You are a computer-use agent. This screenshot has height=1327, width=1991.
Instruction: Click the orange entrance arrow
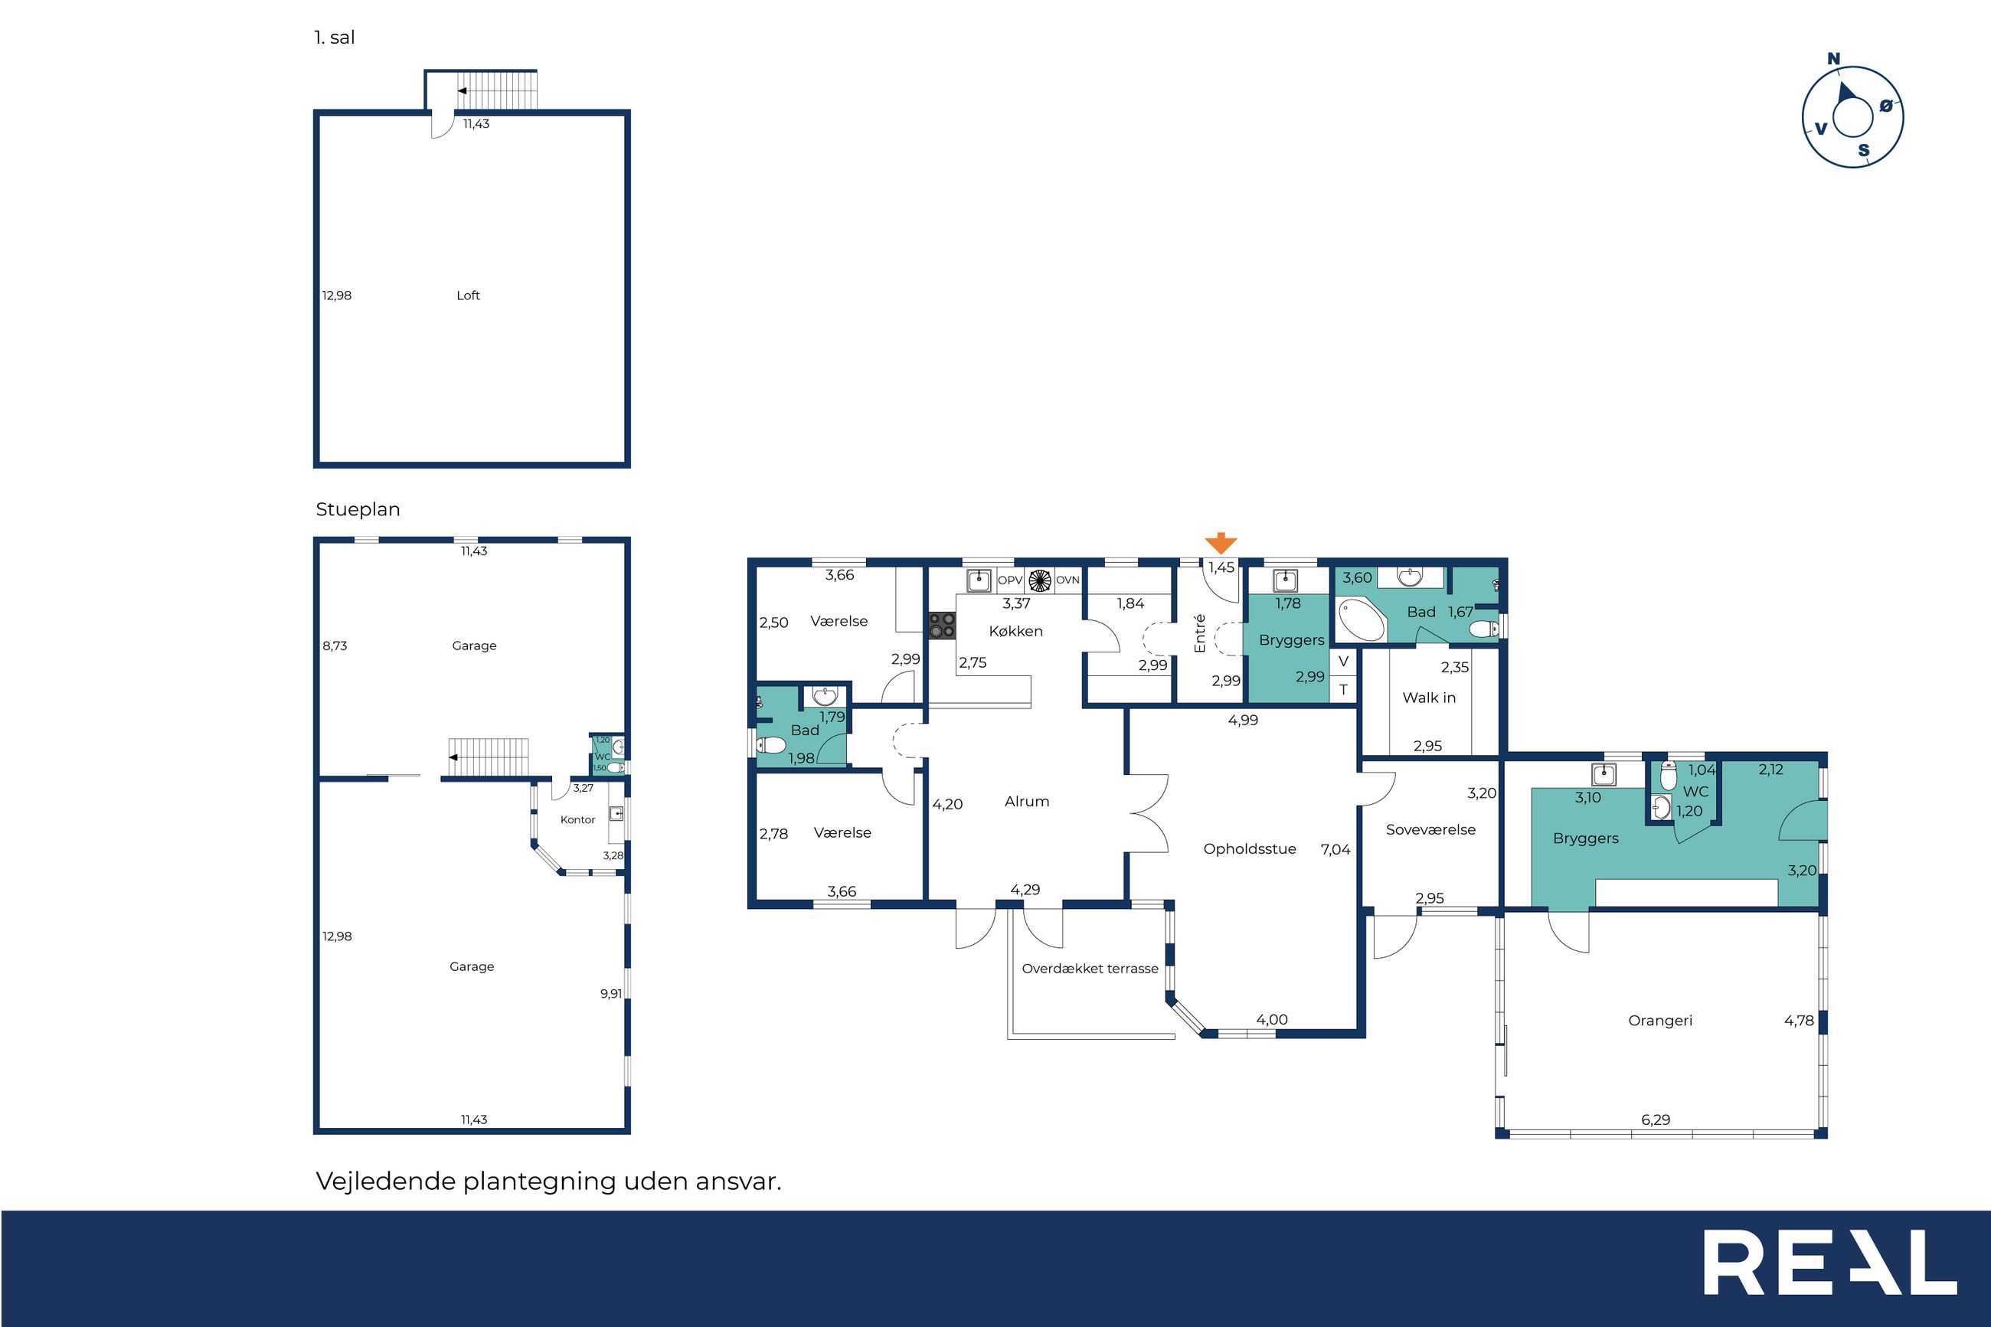tap(1220, 544)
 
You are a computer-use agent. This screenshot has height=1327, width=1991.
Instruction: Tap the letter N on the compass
tap(1833, 58)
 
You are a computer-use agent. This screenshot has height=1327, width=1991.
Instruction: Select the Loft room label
tap(468, 296)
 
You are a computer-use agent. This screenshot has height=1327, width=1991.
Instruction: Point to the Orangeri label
tap(1660, 1021)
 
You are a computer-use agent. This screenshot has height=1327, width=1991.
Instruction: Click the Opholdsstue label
tap(1250, 849)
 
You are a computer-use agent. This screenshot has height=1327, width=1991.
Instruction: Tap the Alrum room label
tap(1026, 802)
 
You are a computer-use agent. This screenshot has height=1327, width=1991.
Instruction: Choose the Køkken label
tap(1015, 632)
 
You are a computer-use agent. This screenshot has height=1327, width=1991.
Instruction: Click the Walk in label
tap(1429, 698)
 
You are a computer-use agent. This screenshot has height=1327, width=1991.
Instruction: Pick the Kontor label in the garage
tap(578, 819)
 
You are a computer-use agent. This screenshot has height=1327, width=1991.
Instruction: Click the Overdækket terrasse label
tap(1090, 968)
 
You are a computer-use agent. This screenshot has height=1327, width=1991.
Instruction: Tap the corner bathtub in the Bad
tap(1362, 619)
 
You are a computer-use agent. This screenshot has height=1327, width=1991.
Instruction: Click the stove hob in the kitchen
tap(942, 626)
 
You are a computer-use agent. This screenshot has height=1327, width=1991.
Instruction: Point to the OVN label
tap(1067, 580)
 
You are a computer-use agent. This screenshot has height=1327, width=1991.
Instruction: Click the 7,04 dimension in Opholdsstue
tap(1336, 850)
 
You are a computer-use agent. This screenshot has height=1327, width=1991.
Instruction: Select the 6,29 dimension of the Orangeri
tap(1656, 1119)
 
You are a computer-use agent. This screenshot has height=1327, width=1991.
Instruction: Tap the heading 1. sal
tap(334, 38)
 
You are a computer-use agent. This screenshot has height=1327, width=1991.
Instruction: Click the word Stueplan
tap(358, 509)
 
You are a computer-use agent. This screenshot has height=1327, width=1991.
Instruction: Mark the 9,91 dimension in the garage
tap(611, 994)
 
